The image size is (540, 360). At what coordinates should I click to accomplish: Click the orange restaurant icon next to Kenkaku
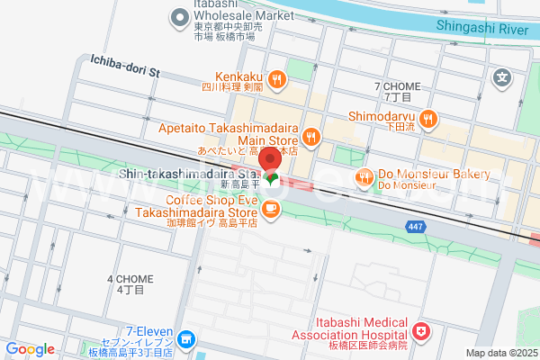pos(277,78)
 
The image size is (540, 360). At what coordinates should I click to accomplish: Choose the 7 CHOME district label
pos(396,85)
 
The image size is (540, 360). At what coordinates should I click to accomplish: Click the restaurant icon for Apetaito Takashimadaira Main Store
pos(311,136)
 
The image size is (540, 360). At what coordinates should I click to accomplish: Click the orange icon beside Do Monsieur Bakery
pos(364,176)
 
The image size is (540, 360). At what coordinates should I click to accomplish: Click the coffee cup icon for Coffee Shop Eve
pos(271,210)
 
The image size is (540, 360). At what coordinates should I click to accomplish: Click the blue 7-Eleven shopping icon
pos(185,339)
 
